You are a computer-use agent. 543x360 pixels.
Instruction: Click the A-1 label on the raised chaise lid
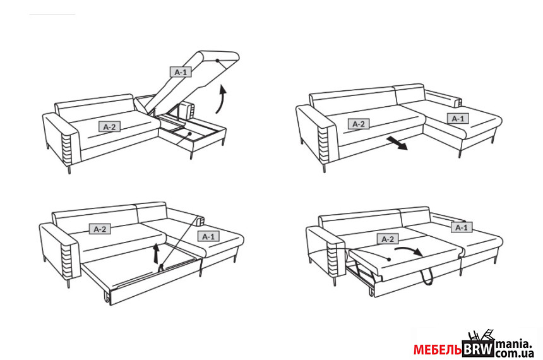coord(181,72)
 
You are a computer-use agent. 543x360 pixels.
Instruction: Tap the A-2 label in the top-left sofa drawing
coord(109,127)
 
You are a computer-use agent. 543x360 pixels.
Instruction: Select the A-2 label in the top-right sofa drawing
coord(359,124)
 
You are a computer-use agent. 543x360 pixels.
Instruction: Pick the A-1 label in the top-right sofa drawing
coord(458,119)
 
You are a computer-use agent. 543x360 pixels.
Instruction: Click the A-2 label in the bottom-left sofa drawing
coord(100,229)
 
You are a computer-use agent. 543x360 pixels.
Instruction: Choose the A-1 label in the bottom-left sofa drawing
coord(208,236)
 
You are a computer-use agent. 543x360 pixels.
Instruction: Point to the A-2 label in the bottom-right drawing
coord(388,239)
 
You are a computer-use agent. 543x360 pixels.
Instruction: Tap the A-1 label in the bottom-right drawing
coord(462,227)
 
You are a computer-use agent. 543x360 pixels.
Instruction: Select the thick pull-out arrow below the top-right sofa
coord(397,143)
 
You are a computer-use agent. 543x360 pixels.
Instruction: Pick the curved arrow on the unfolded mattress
coord(409,250)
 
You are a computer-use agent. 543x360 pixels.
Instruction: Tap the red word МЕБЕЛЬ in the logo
coord(438,350)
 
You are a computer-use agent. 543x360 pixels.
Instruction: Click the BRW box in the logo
coord(478,349)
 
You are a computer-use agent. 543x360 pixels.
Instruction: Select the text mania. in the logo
coord(513,344)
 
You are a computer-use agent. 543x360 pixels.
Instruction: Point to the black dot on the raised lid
coord(217,61)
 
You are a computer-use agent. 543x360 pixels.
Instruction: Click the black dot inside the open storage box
coord(189,133)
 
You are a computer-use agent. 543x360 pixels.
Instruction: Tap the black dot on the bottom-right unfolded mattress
coord(389,259)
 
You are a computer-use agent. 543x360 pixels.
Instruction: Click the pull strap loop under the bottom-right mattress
coord(427,277)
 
